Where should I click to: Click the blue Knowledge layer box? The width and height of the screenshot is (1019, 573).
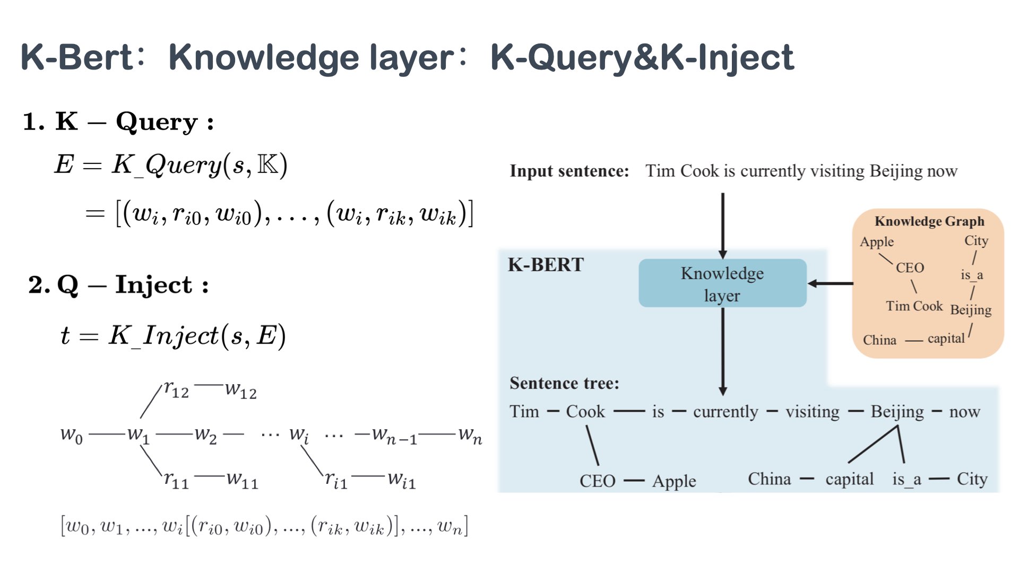[722, 283]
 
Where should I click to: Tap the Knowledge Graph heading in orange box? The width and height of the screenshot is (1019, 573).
[929, 221]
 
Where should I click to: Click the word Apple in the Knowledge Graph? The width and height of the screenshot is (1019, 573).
[877, 242]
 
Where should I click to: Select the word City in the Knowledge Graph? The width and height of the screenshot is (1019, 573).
[976, 241]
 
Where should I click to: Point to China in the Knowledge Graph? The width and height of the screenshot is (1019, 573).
[879, 340]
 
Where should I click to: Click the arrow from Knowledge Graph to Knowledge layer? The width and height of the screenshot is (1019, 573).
[831, 283]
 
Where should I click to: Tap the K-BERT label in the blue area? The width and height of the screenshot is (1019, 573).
[546, 265]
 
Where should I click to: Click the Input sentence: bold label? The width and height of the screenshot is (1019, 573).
[569, 171]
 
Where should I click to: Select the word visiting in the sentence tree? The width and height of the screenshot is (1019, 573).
[812, 412]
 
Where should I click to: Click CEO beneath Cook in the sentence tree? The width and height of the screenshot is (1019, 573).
[597, 481]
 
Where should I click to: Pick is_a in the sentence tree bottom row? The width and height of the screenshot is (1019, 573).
[906, 479]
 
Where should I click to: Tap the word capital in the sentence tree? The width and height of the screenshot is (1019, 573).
[849, 479]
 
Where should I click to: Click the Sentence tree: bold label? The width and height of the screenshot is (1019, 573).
[564, 383]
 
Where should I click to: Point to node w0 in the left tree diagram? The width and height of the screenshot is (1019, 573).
[72, 435]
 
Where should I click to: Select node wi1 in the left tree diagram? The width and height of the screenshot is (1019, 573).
[401, 480]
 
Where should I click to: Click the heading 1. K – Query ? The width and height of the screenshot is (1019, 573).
[118, 122]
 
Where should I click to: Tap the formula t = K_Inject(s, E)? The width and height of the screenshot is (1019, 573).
[173, 335]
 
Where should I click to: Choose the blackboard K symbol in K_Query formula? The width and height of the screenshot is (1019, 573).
[267, 164]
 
